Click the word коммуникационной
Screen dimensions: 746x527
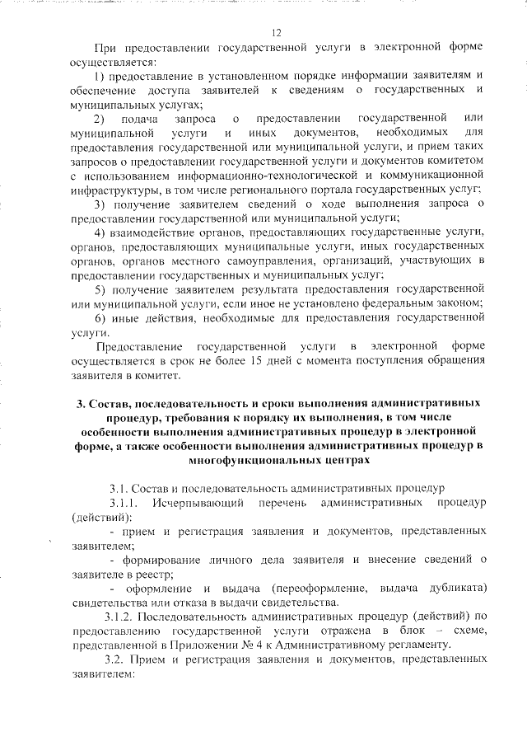(435, 176)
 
